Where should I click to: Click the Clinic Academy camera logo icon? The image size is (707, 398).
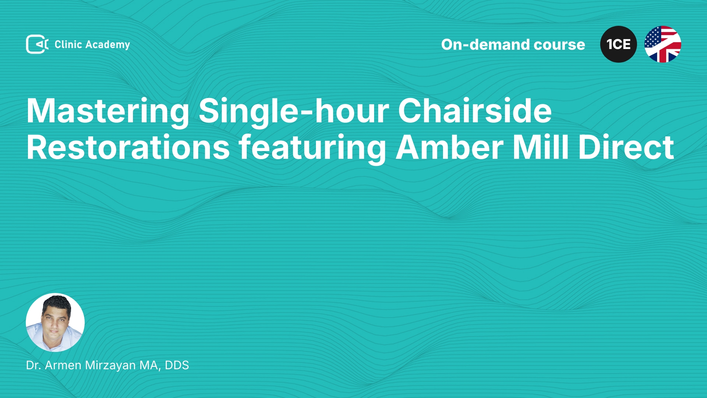[37, 44]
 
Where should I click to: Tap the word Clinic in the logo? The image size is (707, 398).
[68, 44]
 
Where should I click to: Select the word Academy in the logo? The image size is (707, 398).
[108, 45]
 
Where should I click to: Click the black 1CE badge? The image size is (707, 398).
[619, 44]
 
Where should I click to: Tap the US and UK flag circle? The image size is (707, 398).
[663, 44]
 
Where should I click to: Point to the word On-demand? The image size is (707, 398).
[485, 45]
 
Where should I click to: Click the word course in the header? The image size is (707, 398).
[559, 45]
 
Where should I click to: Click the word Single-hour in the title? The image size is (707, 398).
[294, 111]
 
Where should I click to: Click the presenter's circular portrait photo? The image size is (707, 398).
[55, 322]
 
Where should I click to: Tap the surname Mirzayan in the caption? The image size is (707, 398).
[110, 365]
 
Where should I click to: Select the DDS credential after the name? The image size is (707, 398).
[177, 365]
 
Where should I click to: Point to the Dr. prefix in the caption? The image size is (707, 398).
[34, 365]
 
